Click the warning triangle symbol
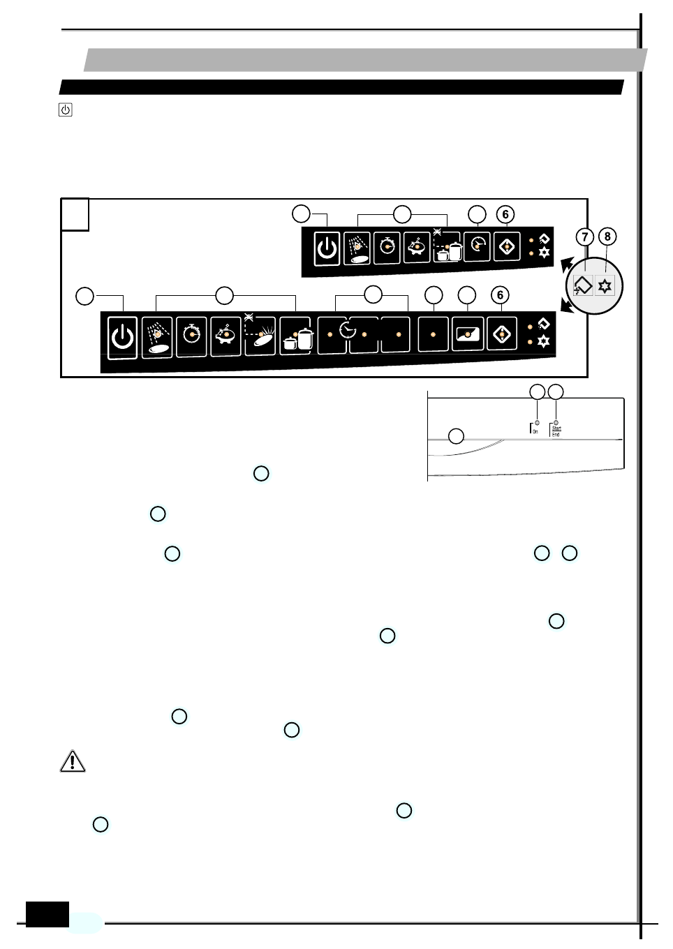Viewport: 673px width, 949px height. (x=73, y=761)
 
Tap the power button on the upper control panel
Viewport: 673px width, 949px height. (x=327, y=248)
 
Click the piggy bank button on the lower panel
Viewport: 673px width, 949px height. (x=225, y=336)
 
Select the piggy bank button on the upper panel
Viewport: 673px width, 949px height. (x=417, y=247)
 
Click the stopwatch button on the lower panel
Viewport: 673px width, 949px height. (x=191, y=336)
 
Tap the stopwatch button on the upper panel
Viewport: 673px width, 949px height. (x=387, y=247)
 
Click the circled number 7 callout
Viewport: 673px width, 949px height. (x=585, y=237)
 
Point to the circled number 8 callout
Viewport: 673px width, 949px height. (x=607, y=237)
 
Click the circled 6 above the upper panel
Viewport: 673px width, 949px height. (x=505, y=215)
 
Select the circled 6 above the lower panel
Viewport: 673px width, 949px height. (x=500, y=295)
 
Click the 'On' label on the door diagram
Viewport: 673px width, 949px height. (x=535, y=432)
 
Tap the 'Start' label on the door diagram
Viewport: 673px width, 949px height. (x=556, y=428)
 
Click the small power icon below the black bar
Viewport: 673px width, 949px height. (x=66, y=110)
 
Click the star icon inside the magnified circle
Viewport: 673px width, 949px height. (x=605, y=286)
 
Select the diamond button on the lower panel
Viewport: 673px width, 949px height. (x=501, y=335)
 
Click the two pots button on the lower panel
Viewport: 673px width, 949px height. (x=296, y=338)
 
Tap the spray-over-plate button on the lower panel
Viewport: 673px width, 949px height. (x=157, y=338)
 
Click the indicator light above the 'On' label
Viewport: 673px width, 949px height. (x=537, y=423)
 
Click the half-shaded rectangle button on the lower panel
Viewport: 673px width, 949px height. (x=467, y=334)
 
